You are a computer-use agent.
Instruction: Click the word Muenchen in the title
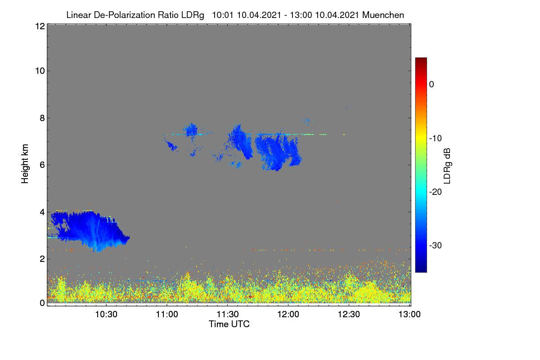(383, 15)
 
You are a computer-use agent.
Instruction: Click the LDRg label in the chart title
(193, 15)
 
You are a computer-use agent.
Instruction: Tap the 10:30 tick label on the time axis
(106, 314)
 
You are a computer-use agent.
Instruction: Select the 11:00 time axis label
(167, 314)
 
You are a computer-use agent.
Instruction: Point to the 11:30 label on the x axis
(228, 314)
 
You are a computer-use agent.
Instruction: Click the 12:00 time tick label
(288, 314)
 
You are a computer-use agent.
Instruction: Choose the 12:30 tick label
(349, 314)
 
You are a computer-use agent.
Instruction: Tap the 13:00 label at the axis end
(409, 314)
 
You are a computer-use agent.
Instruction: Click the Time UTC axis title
(229, 324)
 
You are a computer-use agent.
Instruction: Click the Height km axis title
(25, 164)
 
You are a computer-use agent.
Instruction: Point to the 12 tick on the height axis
(40, 26)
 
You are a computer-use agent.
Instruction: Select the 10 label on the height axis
(40, 71)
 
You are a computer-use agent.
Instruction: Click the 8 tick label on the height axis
(42, 118)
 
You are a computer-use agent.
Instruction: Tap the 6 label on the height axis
(42, 165)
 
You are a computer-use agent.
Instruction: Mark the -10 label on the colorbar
(436, 139)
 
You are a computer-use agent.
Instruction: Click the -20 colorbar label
(436, 192)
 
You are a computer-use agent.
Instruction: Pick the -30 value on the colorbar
(436, 245)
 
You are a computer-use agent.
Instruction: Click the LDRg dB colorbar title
(447, 166)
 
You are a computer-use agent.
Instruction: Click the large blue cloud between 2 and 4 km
(92, 230)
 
